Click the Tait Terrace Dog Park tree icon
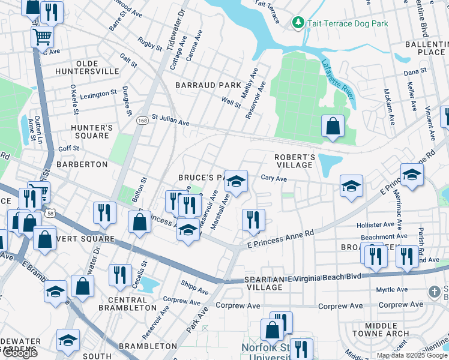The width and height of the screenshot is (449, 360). tap(298, 23)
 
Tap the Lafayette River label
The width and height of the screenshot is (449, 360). tap(337, 83)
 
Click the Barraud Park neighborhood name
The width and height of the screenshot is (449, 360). tap(208, 86)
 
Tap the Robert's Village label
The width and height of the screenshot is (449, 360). tap(294, 161)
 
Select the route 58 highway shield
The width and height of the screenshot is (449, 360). tap(50, 213)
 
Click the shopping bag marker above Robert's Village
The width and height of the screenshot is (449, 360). tap(333, 126)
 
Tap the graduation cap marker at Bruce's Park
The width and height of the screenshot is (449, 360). tap(237, 181)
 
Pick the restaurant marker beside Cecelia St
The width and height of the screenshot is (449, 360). tap(120, 275)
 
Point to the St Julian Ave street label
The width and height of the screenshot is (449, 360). tap(170, 120)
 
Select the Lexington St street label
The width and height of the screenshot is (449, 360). tap(98, 94)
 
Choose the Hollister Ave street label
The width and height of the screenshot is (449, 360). tap(375, 225)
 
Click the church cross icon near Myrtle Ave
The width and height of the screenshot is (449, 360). tap(435, 292)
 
